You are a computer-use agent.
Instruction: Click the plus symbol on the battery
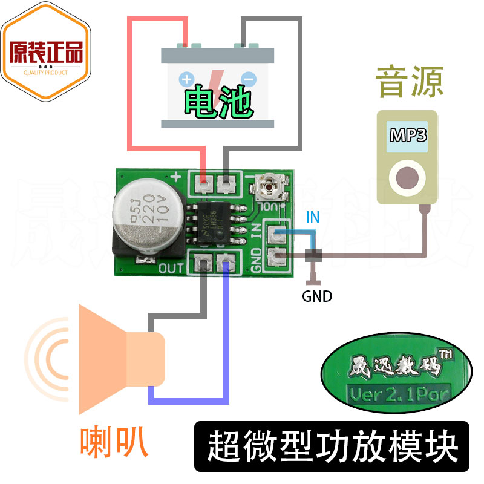tap(186, 79)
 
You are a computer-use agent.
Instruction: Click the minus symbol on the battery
tap(247, 79)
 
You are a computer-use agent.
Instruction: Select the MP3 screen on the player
tap(408, 134)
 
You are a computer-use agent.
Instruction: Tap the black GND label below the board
tap(317, 296)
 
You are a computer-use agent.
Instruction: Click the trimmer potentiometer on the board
tap(267, 185)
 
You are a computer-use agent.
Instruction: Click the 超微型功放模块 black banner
tap(332, 446)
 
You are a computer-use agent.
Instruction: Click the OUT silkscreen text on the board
tap(172, 267)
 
